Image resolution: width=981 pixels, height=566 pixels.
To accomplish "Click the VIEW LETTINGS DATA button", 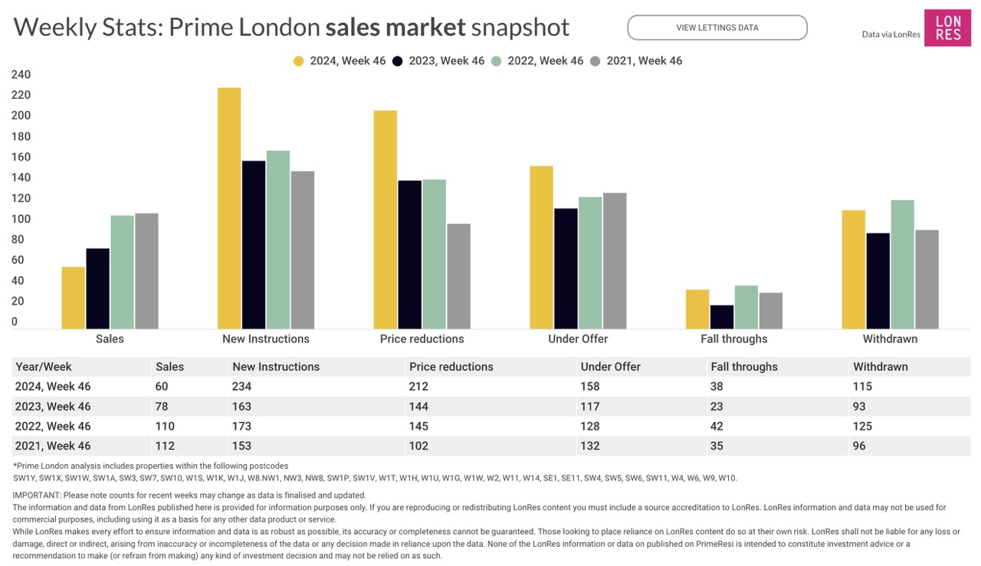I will (x=717, y=28).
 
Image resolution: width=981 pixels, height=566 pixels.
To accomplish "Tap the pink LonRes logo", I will (x=947, y=28).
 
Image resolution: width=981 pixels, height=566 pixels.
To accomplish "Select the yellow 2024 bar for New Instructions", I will (x=229, y=208).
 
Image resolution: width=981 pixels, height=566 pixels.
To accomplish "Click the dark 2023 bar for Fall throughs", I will (x=722, y=317).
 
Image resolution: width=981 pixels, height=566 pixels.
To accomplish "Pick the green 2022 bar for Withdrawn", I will (x=903, y=264).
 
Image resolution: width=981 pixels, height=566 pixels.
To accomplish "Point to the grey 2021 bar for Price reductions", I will (x=458, y=276).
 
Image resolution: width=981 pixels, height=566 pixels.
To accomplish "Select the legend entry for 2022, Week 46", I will (x=536, y=61).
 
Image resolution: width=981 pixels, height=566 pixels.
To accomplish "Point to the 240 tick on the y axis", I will (x=21, y=75).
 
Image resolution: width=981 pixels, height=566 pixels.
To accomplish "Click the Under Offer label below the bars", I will (x=578, y=339).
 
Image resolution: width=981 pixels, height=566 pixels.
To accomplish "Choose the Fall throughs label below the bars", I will (x=733, y=339).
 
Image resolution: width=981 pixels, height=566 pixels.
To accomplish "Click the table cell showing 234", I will (x=241, y=387).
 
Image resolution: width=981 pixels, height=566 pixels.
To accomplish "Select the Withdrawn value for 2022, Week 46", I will (x=862, y=427).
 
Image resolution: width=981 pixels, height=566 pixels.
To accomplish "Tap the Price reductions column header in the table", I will (x=451, y=367).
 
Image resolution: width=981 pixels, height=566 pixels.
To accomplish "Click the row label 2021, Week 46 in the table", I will (x=53, y=446).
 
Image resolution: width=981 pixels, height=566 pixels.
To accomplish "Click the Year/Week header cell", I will (x=44, y=367).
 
